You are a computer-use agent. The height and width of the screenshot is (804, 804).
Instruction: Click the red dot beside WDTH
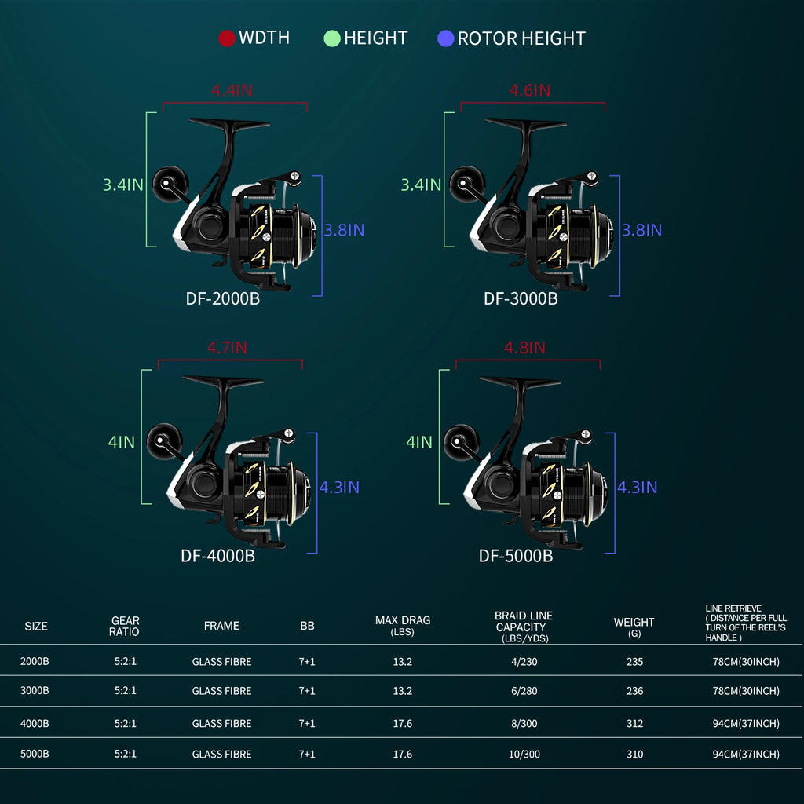pyautogui.click(x=227, y=38)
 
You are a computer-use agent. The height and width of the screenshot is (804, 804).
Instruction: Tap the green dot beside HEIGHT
pyautogui.click(x=331, y=38)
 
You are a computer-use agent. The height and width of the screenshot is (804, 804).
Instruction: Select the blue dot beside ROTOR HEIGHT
pyautogui.click(x=446, y=38)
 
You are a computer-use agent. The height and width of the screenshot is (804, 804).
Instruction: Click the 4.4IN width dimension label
pyautogui.click(x=232, y=90)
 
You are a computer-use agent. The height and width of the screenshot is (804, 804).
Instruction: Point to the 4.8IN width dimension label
pyautogui.click(x=524, y=348)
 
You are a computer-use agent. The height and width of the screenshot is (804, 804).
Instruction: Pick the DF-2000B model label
pyautogui.click(x=223, y=298)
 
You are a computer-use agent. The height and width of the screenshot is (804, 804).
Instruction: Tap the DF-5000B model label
pyautogui.click(x=516, y=556)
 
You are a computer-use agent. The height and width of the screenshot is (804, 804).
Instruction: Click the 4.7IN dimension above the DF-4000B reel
pyautogui.click(x=227, y=347)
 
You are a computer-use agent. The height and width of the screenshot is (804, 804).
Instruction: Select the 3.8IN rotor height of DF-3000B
pyautogui.click(x=641, y=230)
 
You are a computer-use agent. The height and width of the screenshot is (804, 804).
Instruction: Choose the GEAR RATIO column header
pyautogui.click(x=125, y=626)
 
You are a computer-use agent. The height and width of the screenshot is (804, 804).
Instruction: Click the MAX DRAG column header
pyautogui.click(x=402, y=625)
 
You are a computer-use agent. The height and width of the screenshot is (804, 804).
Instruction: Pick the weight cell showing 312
pyautogui.click(x=634, y=723)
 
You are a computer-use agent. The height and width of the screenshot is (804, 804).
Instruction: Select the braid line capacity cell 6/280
pyautogui.click(x=524, y=691)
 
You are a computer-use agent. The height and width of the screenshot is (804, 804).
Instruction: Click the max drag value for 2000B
pyautogui.click(x=402, y=662)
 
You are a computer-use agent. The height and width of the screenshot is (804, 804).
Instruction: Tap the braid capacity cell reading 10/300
pyautogui.click(x=524, y=754)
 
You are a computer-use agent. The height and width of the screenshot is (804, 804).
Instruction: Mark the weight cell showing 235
pyautogui.click(x=634, y=662)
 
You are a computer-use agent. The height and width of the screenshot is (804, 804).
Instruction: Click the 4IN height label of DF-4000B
pyautogui.click(x=122, y=442)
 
